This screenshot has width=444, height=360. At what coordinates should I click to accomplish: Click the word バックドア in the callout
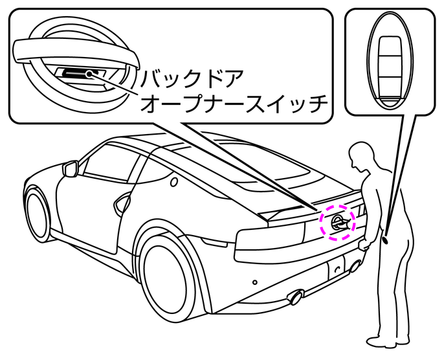click(x=192, y=80)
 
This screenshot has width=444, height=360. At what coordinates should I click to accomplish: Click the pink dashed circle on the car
click(x=339, y=222)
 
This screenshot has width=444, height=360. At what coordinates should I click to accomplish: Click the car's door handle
click(x=120, y=204)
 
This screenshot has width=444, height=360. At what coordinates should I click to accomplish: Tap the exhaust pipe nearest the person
click(x=355, y=265)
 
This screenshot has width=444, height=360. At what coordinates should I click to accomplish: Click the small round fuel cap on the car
click(x=173, y=183)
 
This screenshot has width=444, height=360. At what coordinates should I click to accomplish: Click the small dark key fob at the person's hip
click(x=386, y=239)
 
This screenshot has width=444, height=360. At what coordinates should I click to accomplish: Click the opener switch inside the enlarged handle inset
click(x=84, y=73)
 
